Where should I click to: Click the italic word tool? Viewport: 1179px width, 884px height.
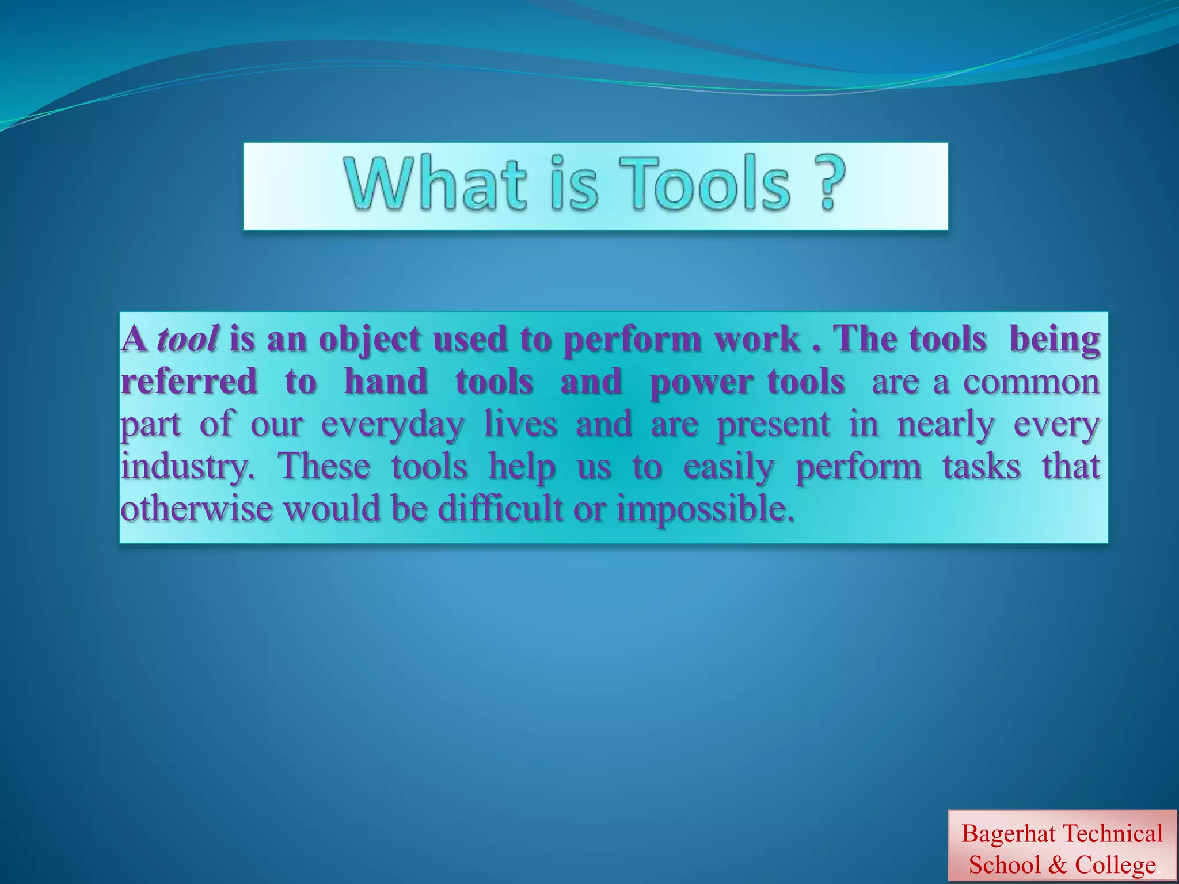coord(187,339)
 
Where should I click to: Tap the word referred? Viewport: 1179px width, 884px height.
coord(189,382)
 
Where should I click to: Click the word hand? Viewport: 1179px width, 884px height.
coord(386,382)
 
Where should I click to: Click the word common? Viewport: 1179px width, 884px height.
coord(1032,382)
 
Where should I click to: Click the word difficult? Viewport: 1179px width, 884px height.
coord(500,509)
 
